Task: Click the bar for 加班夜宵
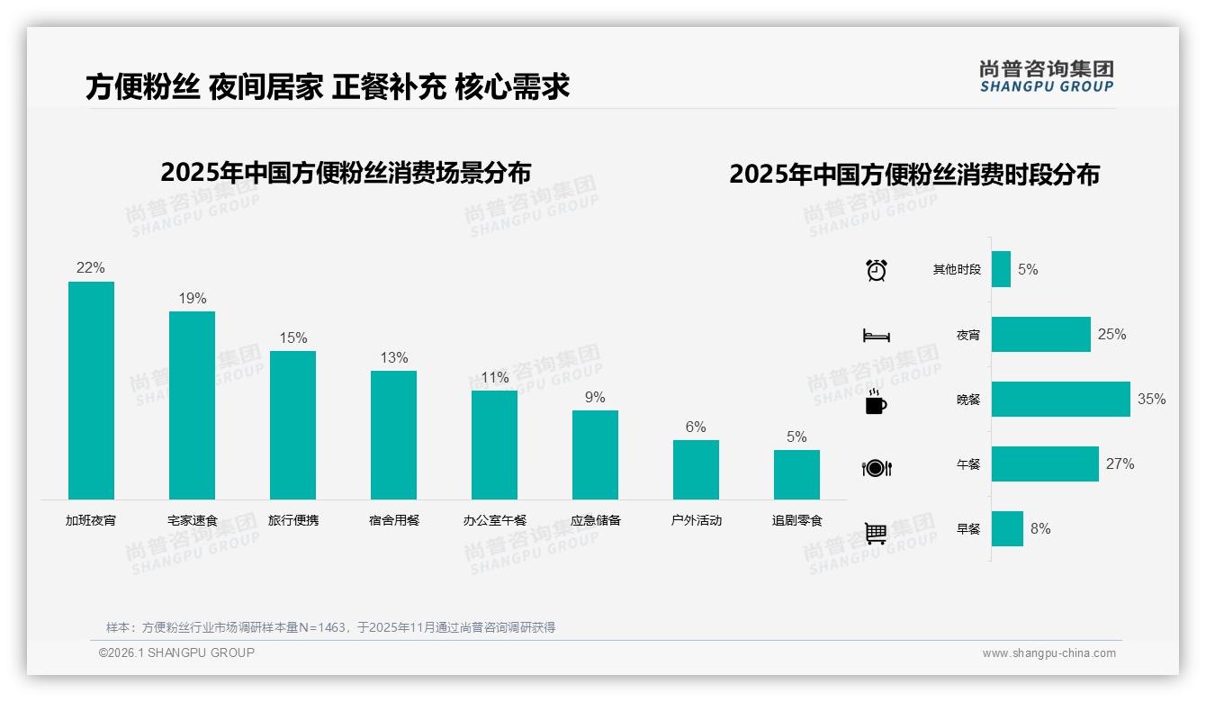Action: click(91, 391)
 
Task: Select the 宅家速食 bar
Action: click(192, 405)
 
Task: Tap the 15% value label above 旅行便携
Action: click(293, 337)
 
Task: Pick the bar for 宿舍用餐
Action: click(393, 435)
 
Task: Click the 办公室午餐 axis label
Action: click(495, 520)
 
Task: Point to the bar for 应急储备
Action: click(595, 454)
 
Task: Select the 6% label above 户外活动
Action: click(696, 427)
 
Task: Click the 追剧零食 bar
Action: click(796, 474)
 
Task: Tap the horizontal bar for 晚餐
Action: click(1060, 399)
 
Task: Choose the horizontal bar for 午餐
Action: click(1045, 463)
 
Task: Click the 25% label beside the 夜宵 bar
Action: click(1111, 334)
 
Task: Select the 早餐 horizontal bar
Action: click(1007, 528)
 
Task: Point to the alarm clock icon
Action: click(877, 270)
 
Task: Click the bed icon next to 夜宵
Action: click(877, 336)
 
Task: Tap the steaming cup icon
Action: click(876, 401)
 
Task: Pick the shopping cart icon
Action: click(876, 533)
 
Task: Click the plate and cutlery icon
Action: click(877, 468)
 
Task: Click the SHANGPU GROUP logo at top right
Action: click(1046, 76)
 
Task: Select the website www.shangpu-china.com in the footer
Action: click(1048, 653)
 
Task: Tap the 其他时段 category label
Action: click(957, 269)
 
